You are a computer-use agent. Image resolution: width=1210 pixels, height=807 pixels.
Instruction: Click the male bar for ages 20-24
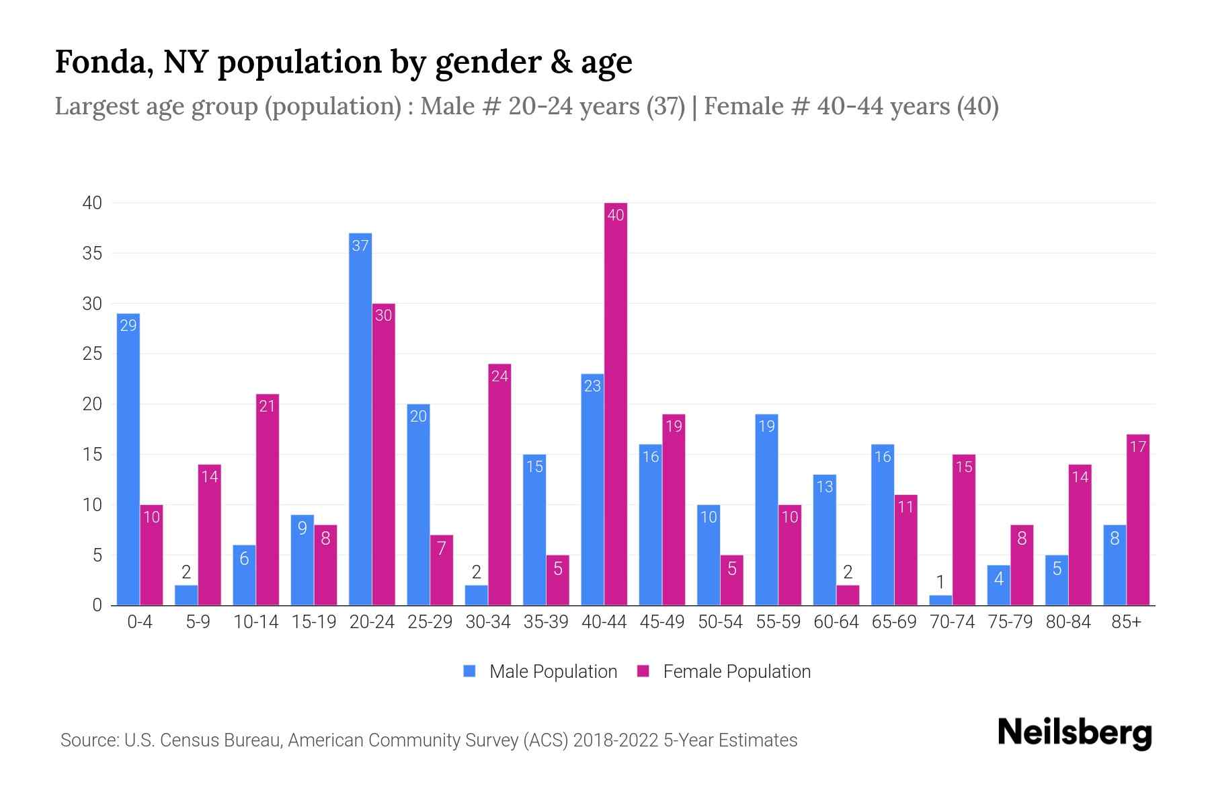point(360,420)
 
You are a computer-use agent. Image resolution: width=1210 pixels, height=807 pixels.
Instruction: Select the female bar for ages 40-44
point(615,403)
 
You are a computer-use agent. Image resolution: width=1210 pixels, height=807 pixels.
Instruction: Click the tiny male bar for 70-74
point(940,600)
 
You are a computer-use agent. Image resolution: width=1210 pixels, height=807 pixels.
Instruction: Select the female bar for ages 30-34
point(499,484)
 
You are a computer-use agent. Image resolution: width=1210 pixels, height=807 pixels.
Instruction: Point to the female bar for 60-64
point(848,595)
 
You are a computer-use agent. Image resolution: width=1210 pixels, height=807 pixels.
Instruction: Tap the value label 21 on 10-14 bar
point(267,406)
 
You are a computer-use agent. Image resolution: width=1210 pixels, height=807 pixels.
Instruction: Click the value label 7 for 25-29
point(441,548)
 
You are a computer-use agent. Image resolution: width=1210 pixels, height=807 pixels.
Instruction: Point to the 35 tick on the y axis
point(92,254)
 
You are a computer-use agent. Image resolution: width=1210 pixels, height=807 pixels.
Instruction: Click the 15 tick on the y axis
point(92,455)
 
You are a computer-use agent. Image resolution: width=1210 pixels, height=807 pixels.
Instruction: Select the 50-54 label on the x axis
point(720,622)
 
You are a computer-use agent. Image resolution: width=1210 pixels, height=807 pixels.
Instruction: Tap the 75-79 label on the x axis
point(1010,622)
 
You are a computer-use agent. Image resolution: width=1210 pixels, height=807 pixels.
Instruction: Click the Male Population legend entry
point(540,672)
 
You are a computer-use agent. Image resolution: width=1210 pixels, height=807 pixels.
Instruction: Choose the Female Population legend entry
point(724,672)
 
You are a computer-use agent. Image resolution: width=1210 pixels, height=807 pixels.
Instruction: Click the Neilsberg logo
point(1074,733)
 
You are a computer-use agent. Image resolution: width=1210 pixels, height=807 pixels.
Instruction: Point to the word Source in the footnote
point(89,740)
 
